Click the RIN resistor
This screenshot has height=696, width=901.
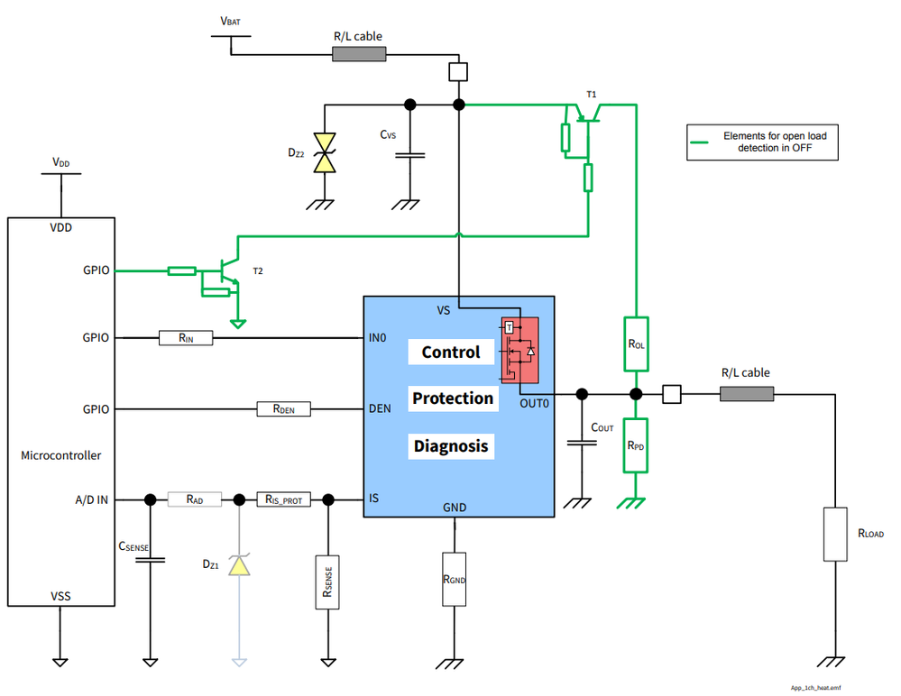[185, 338]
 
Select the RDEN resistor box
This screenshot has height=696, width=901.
[284, 409]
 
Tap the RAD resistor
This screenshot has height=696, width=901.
[194, 499]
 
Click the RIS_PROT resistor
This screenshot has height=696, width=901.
[284, 499]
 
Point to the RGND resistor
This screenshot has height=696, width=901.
[455, 578]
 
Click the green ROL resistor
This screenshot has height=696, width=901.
[636, 343]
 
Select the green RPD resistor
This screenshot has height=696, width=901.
[636, 445]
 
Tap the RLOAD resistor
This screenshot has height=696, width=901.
[836, 534]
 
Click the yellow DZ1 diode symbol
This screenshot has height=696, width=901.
[239, 565]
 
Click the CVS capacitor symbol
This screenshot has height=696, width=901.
[410, 154]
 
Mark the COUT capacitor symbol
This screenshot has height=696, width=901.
[581, 443]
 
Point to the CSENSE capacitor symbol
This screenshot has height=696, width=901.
[150, 559]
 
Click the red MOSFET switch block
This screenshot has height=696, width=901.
[519, 350]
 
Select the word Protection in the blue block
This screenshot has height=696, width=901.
[453, 398]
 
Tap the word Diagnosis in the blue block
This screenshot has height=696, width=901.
[451, 445]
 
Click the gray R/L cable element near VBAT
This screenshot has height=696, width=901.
[359, 54]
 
